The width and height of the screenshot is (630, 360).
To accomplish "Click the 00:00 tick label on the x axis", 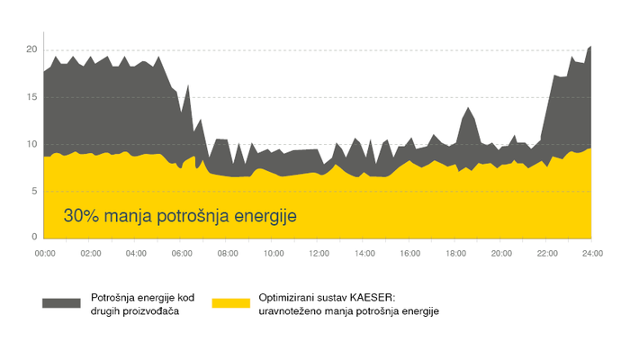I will (x=44, y=255).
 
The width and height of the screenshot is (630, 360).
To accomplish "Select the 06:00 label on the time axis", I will (x=182, y=255).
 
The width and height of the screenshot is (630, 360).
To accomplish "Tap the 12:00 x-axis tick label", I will (x=319, y=255).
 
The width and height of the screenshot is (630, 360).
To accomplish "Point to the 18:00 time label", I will (x=455, y=255).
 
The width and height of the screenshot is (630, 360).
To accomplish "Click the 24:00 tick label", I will (x=591, y=255).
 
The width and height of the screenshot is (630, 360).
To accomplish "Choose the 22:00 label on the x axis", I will (x=547, y=255).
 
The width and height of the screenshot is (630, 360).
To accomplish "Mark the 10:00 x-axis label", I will (x=273, y=255).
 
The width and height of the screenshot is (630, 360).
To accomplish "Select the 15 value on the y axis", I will (x=31, y=96).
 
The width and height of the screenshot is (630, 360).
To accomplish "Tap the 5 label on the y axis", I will (x=34, y=191).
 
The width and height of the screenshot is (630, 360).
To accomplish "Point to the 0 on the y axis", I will (x=34, y=237).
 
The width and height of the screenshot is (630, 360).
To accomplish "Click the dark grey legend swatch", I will (x=61, y=303).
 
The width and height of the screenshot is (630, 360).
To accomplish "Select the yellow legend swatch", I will (x=229, y=303).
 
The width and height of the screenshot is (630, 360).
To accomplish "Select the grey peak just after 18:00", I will (x=468, y=108).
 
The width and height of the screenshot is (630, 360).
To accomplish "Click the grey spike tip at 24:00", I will (x=590, y=46).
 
